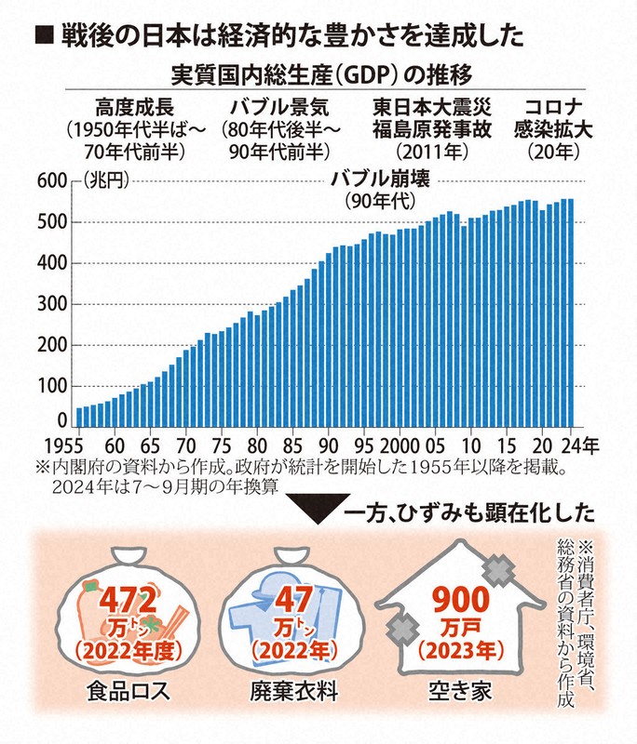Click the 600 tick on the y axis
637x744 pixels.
click(49, 181)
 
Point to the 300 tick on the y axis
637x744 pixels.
click(49, 304)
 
